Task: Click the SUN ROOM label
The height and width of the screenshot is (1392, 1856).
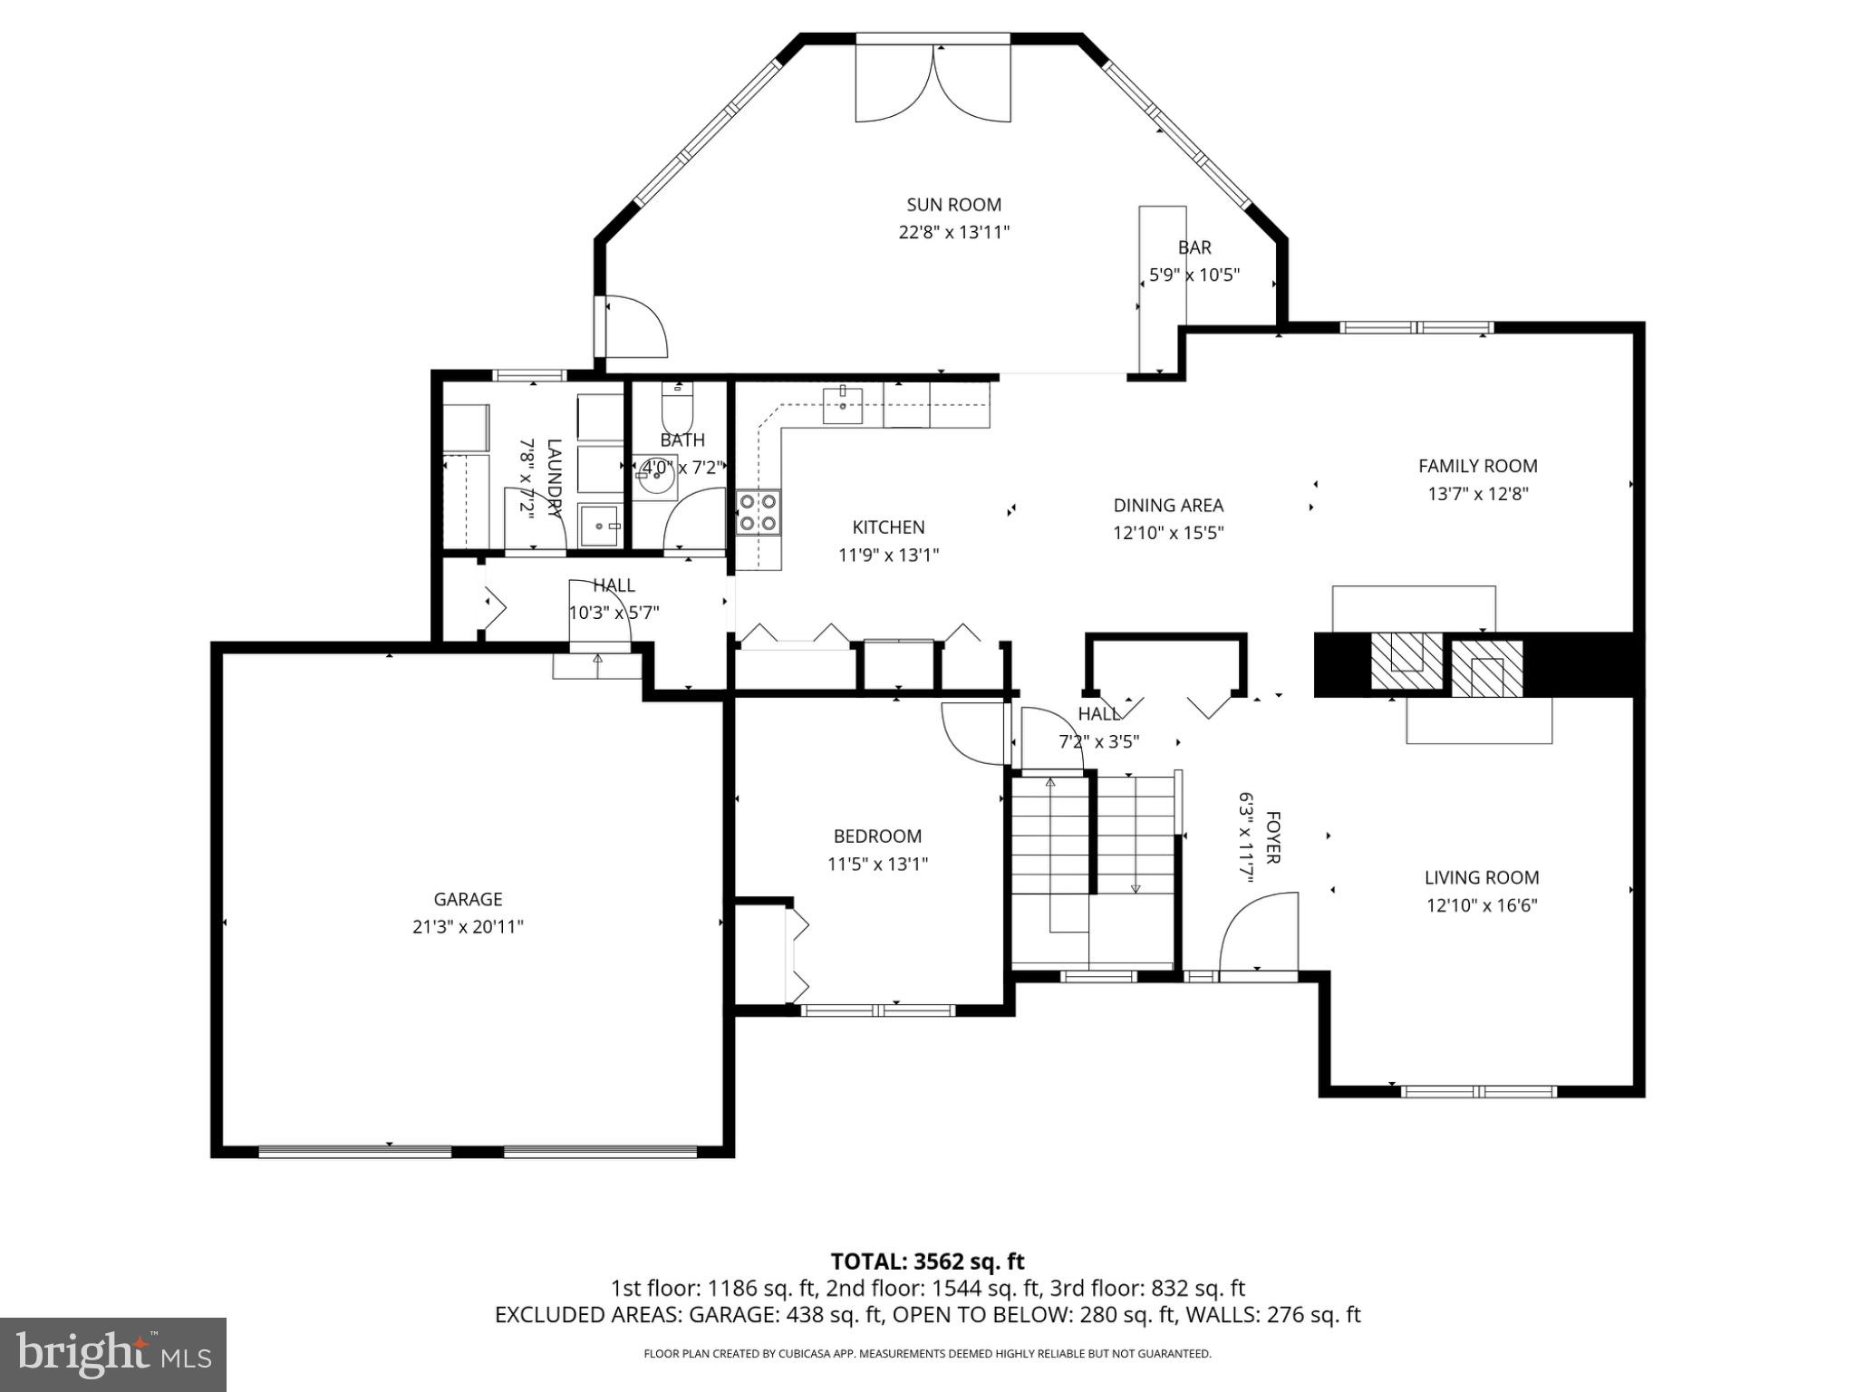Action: [x=953, y=205]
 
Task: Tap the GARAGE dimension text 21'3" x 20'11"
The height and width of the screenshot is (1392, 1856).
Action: [x=468, y=927]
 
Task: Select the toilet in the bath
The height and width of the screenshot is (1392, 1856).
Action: [x=677, y=410]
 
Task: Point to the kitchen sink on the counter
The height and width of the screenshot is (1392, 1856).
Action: [x=843, y=404]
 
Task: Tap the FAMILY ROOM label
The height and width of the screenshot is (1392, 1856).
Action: [x=1477, y=466]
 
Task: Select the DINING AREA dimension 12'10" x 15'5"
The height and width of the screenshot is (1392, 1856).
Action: [x=1168, y=533]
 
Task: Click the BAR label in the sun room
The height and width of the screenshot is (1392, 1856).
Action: [x=1194, y=247]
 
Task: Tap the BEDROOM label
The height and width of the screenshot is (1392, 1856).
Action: [x=877, y=836]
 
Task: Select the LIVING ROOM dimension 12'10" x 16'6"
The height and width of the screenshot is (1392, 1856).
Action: [x=1482, y=904]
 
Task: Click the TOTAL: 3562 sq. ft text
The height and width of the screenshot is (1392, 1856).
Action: [x=927, y=1261]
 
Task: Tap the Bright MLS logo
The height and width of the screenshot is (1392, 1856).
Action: [x=113, y=1354]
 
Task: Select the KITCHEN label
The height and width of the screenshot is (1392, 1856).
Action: [x=888, y=527]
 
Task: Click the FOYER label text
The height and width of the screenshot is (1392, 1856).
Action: [x=1272, y=837]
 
